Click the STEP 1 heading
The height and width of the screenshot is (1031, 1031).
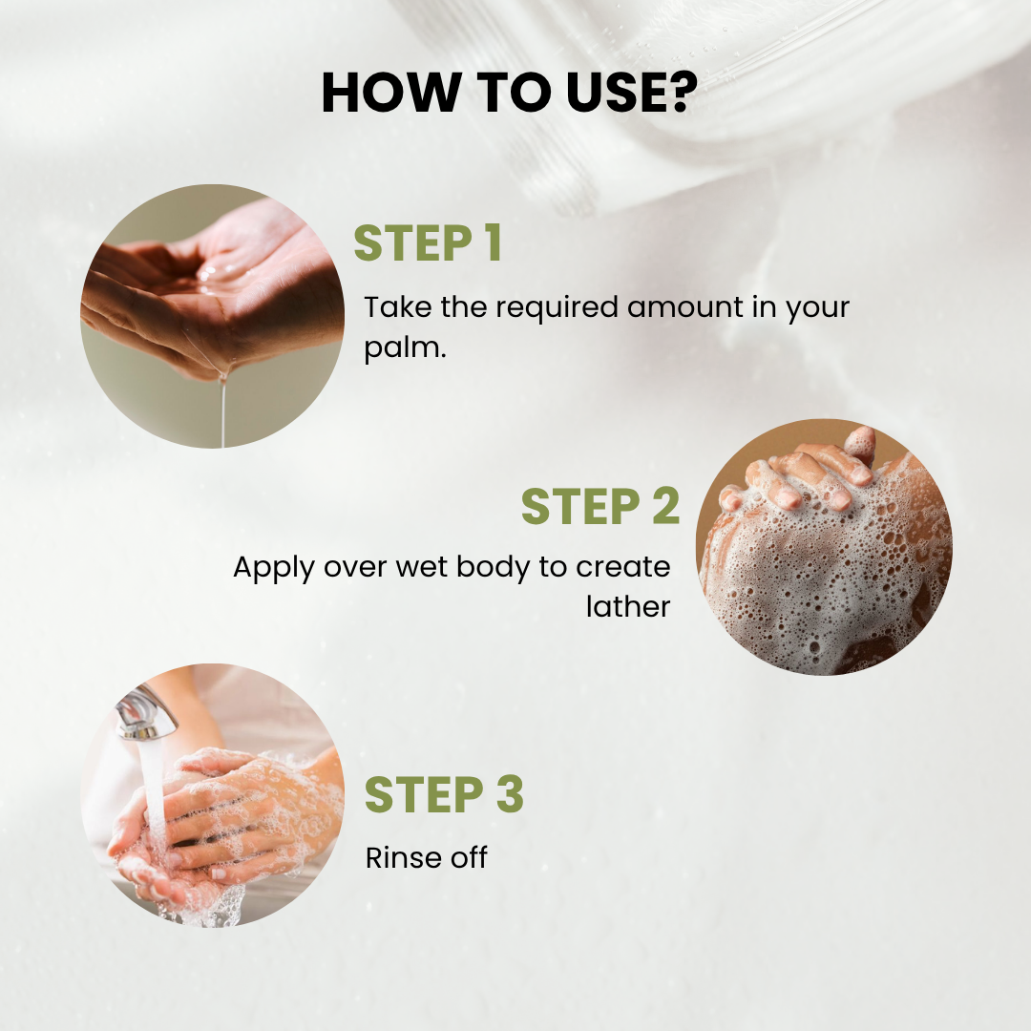point(428,243)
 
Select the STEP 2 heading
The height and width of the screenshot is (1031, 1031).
point(600,506)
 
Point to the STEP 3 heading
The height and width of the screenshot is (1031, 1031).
point(445,794)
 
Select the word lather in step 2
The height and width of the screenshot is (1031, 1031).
point(628,606)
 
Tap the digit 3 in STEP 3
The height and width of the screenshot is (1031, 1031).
point(510,794)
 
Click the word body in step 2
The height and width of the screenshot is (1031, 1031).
point(494,568)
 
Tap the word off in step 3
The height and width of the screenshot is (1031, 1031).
point(469,857)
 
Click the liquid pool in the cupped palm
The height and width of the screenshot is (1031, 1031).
point(221,276)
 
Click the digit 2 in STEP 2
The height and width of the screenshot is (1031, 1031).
point(666,506)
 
